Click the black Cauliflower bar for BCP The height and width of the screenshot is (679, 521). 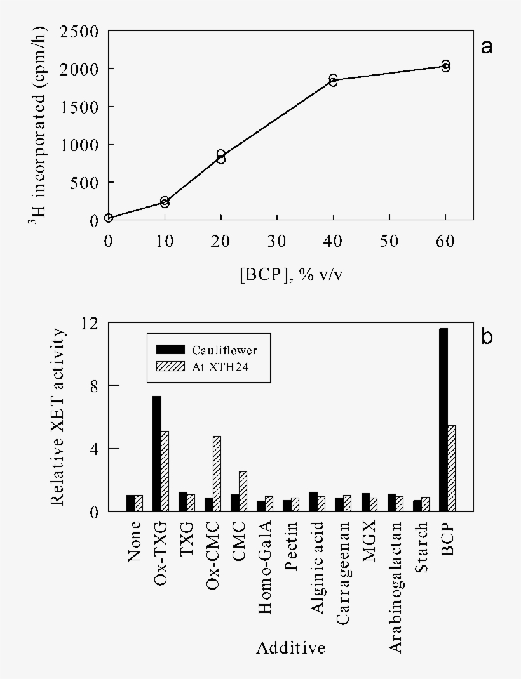pos(443,419)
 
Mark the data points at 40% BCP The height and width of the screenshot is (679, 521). pos(333,80)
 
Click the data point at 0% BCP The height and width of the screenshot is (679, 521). pos(109,218)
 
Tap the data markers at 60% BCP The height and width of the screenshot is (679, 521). pos(445,66)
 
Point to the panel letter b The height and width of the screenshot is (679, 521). pos(487,336)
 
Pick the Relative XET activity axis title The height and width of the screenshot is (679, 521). pos(58,417)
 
